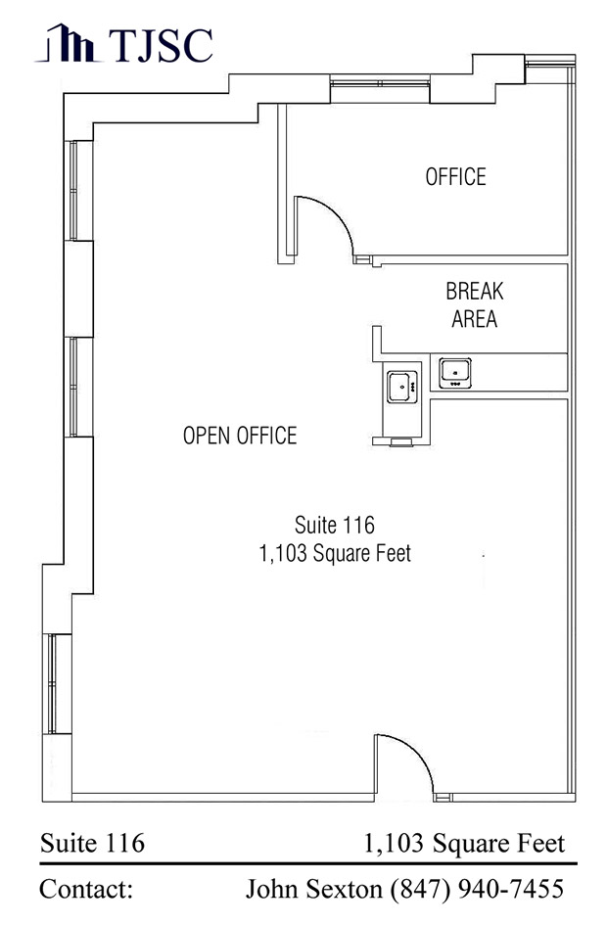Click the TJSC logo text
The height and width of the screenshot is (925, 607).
[x=161, y=44]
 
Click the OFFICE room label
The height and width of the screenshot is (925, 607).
[x=455, y=176]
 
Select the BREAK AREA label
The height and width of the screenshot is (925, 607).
[x=474, y=305]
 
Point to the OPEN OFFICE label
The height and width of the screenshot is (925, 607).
[x=240, y=436]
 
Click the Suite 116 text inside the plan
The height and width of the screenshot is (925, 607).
[x=335, y=525]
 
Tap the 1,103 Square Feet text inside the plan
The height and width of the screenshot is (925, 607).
[x=335, y=553]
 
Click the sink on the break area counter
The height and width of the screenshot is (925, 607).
[x=455, y=373]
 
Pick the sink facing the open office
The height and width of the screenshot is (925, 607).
[x=402, y=387]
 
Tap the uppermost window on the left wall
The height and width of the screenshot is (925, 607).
[x=73, y=190]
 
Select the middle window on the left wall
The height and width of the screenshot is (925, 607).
[x=73, y=387]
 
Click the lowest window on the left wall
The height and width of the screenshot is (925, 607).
[x=51, y=684]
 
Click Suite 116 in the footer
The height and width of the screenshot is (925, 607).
[x=92, y=843]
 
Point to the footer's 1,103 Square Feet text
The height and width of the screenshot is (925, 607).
[x=464, y=844]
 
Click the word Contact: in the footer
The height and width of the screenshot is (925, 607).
[x=86, y=889]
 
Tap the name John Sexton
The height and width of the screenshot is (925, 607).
[x=314, y=889]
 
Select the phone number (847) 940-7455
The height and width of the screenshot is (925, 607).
[x=477, y=889]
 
